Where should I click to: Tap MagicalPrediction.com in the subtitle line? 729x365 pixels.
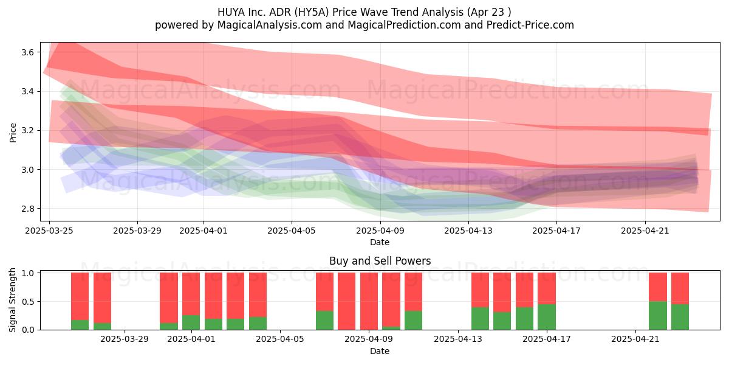(404, 25)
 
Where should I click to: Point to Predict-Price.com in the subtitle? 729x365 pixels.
(530, 25)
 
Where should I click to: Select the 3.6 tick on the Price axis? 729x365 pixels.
(28, 52)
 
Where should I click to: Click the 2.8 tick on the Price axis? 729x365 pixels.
(28, 209)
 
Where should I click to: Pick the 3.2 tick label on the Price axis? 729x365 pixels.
(28, 130)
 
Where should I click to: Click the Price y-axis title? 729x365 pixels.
(13, 133)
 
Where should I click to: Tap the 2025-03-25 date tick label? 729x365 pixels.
(49, 231)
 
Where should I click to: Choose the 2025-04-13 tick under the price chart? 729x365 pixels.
(468, 231)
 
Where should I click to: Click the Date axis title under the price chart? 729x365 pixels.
(380, 242)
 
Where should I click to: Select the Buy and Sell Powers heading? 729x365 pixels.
(380, 261)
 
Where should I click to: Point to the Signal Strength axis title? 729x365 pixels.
(12, 300)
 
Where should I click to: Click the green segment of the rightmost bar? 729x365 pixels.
(680, 317)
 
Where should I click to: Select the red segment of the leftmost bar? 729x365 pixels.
(80, 296)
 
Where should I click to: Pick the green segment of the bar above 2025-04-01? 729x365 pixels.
(191, 322)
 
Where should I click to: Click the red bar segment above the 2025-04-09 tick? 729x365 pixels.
(369, 301)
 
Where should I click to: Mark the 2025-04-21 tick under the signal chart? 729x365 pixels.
(635, 339)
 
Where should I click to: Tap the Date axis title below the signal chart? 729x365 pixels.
(380, 351)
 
